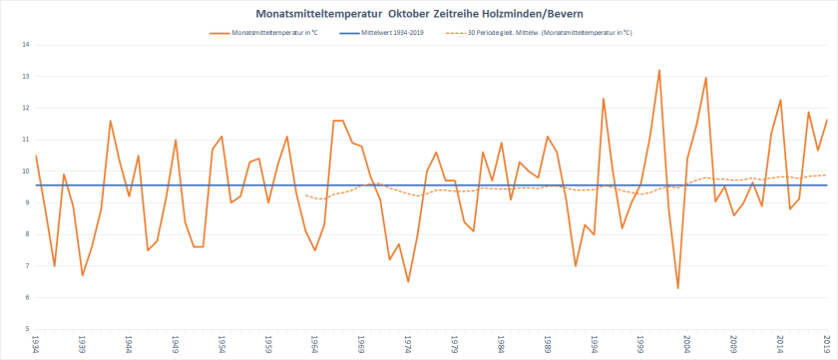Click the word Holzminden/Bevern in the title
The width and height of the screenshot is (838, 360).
[544, 14]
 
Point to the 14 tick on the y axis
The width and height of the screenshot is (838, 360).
[25, 45]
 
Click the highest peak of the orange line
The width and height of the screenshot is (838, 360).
[659, 70]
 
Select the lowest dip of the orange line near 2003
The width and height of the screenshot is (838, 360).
[678, 288]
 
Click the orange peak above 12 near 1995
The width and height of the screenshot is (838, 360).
[604, 99]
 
